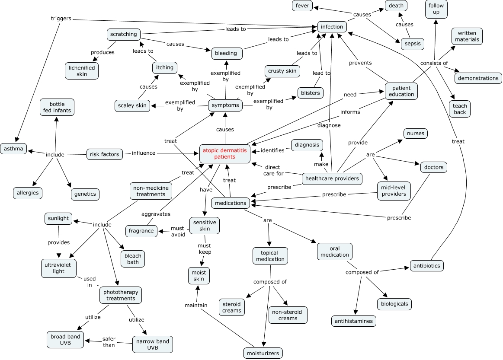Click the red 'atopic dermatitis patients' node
click(x=225, y=153)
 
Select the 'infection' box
click(x=332, y=27)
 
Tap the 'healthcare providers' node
click(x=332, y=178)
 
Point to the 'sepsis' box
click(x=412, y=44)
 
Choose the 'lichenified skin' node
click(x=82, y=70)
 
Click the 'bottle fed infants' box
click(x=57, y=107)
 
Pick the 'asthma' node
click(x=13, y=149)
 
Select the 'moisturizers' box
click(x=263, y=353)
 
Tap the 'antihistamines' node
click(x=354, y=321)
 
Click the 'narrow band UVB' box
click(x=152, y=344)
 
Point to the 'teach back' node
click(x=460, y=109)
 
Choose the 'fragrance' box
click(x=141, y=231)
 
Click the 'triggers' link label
click(x=61, y=19)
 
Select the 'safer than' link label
click(x=109, y=342)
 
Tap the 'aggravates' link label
click(x=156, y=214)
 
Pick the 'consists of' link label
click(x=434, y=63)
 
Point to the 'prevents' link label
click(x=360, y=63)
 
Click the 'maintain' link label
click(x=196, y=305)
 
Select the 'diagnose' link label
click(x=329, y=125)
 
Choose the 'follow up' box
click(x=436, y=9)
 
